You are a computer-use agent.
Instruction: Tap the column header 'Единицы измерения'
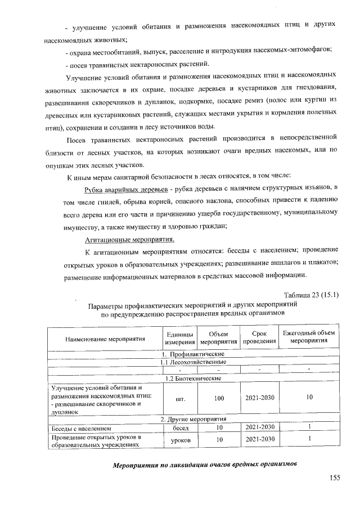click(x=179, y=339)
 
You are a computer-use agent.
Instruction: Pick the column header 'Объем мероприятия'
click(x=218, y=339)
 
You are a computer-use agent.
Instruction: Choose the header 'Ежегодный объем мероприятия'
click(x=309, y=339)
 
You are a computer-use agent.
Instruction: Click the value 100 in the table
click(x=219, y=398)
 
